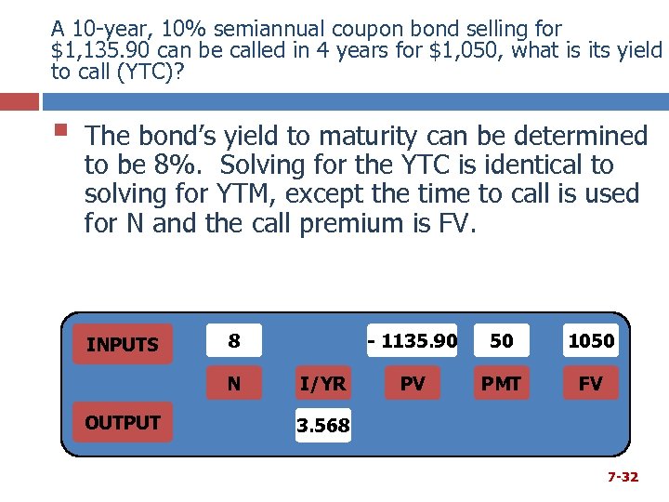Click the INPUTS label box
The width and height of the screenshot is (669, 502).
[x=122, y=345]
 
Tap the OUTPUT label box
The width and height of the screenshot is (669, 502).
[x=122, y=423]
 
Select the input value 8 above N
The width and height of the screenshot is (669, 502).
[x=234, y=341]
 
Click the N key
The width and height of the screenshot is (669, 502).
[x=234, y=383]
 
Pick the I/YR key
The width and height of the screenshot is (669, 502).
[x=322, y=383]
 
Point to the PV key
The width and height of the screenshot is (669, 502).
[x=413, y=383]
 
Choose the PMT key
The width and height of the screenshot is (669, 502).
[x=501, y=383]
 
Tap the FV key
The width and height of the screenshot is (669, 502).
[x=590, y=383]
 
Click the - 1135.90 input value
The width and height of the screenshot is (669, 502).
[x=413, y=341]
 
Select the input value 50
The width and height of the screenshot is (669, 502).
[x=501, y=341]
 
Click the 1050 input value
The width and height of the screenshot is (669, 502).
[x=590, y=341]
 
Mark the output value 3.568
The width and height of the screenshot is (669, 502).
[x=322, y=426]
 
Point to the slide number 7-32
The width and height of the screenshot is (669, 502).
[x=623, y=477]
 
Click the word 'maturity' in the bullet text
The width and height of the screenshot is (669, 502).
[x=365, y=137]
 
